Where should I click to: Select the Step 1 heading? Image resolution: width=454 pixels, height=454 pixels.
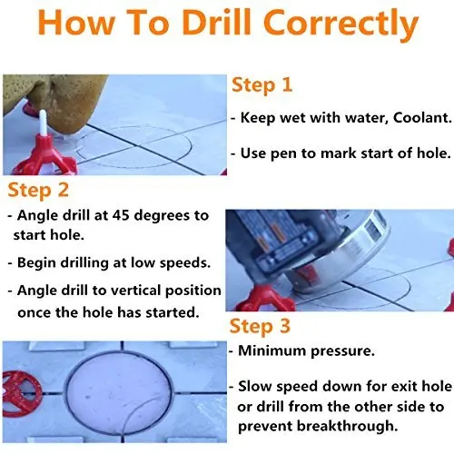click(262, 85)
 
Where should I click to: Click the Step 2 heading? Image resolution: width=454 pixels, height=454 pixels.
click(38, 191)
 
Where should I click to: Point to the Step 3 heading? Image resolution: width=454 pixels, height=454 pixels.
click(260, 327)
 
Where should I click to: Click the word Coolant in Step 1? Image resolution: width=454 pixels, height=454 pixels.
click(422, 117)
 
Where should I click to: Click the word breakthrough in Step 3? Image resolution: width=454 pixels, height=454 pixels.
click(347, 426)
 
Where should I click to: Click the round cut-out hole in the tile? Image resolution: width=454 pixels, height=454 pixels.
click(119, 390)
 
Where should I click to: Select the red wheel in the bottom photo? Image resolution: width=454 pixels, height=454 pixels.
click(22, 390)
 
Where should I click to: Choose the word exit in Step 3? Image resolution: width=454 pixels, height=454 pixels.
click(404, 387)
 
